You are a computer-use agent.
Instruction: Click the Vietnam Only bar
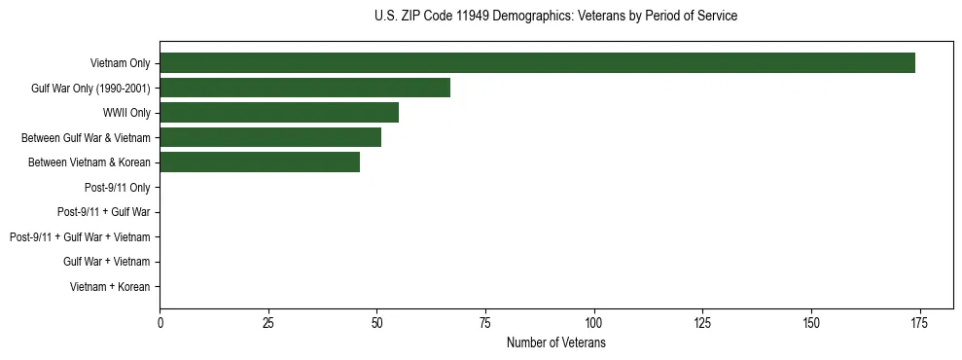537,63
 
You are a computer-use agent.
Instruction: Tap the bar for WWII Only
279,113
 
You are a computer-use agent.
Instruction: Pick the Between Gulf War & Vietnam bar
270,138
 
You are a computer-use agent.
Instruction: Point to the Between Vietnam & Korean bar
260,162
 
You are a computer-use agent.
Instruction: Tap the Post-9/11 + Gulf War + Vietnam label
80,237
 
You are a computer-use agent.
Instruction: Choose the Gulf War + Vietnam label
107,262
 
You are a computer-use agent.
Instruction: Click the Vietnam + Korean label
110,287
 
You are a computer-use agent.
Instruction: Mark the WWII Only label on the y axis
126,113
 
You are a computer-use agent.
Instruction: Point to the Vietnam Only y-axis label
121,63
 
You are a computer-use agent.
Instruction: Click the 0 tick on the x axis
160,322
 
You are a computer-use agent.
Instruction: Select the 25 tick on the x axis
268,322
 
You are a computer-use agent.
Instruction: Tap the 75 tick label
485,322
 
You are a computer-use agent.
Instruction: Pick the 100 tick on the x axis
593,322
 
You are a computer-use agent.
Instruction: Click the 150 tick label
810,322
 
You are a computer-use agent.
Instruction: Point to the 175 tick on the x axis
919,322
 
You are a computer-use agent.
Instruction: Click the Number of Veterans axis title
556,343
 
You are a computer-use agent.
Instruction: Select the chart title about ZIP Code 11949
556,17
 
